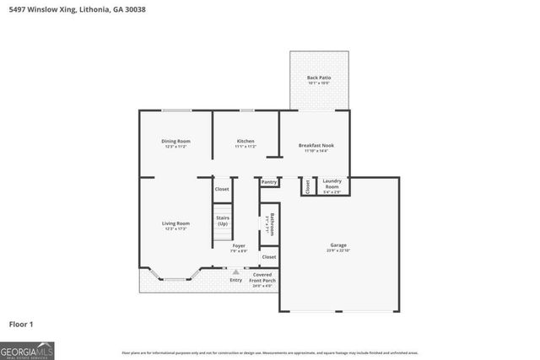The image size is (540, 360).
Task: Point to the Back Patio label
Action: tap(319, 80)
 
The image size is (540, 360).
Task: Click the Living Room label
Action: tap(175, 226)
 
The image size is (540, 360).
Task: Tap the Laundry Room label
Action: tap(332, 183)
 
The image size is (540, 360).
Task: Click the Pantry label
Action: tap(269, 182)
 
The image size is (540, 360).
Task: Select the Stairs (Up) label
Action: tap(223, 221)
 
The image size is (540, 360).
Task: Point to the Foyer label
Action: tap(239, 248)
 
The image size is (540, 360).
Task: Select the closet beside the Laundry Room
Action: tap(308, 187)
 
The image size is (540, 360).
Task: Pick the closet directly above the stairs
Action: tap(222, 190)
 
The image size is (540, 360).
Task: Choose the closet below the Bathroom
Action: tap(269, 256)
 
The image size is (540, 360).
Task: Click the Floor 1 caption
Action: tap(21, 323)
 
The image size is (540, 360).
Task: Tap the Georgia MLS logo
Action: tap(27, 349)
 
